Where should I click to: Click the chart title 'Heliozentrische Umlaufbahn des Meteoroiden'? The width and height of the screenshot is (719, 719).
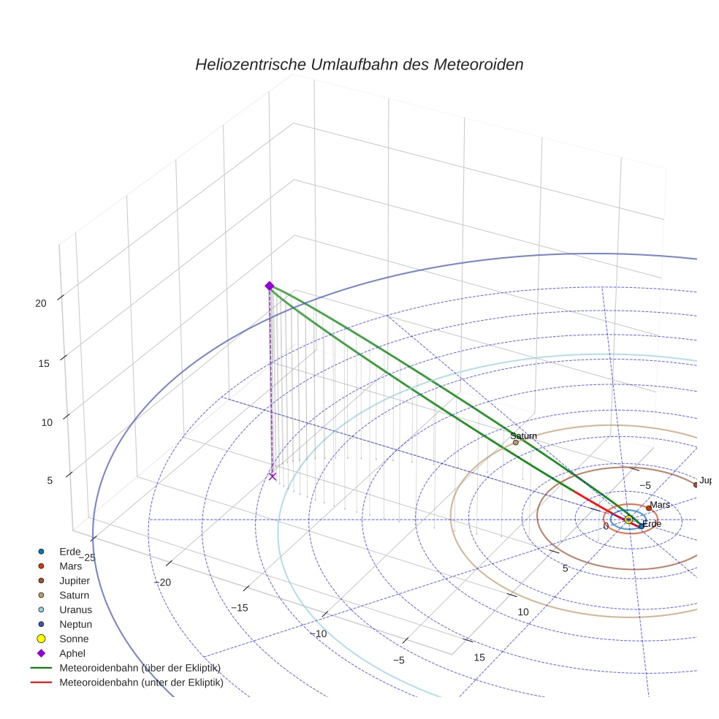tap(359, 64)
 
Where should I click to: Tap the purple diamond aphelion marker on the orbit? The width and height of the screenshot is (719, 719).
tap(269, 286)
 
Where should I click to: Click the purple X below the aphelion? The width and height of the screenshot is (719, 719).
tap(273, 476)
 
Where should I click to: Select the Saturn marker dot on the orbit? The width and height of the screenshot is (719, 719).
tap(515, 442)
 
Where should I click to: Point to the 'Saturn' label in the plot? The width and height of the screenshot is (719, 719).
tap(523, 435)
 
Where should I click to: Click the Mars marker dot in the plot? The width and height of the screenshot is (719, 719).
tap(648, 508)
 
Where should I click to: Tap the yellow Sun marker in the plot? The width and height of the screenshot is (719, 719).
tap(628, 519)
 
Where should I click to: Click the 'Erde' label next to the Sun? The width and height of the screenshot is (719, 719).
tap(651, 524)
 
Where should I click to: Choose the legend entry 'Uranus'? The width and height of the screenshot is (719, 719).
tap(75, 609)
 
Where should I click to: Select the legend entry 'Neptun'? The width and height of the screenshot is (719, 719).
tap(75, 624)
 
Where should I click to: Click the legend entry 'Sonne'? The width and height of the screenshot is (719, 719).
tap(74, 639)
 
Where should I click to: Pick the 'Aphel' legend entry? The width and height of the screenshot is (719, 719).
tap(73, 653)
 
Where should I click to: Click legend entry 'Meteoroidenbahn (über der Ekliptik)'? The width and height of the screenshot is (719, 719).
tap(140, 668)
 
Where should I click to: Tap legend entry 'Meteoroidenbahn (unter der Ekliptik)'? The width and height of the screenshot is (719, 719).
tap(141, 683)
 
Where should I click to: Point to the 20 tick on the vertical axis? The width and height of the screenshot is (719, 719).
tap(40, 303)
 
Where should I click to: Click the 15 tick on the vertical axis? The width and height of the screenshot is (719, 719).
tap(44, 362)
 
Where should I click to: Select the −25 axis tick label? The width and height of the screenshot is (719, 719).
tap(85, 558)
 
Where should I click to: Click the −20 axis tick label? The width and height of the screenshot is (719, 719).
tap(161, 582)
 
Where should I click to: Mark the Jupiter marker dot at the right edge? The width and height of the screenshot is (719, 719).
tap(696, 484)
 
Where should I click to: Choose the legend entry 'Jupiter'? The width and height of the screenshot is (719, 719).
tap(75, 580)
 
